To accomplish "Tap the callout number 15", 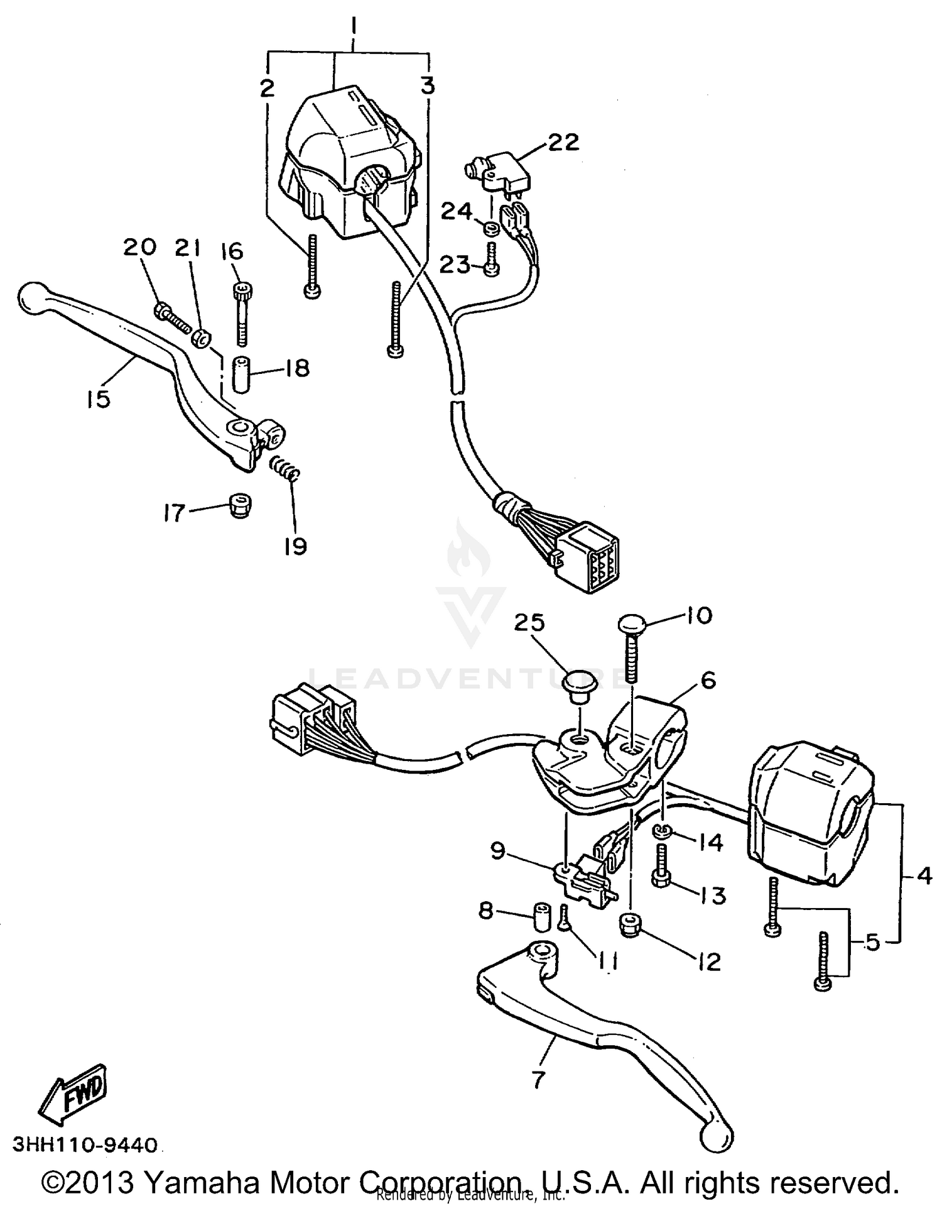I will (99, 398).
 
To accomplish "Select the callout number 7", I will (538, 1079).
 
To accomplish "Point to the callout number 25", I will (530, 623).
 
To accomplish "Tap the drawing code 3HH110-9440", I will (85, 1145).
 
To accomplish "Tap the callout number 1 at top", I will (354, 28).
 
